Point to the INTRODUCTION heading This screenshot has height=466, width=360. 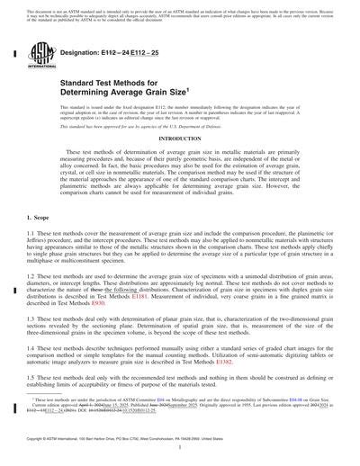(x=180, y=139)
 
